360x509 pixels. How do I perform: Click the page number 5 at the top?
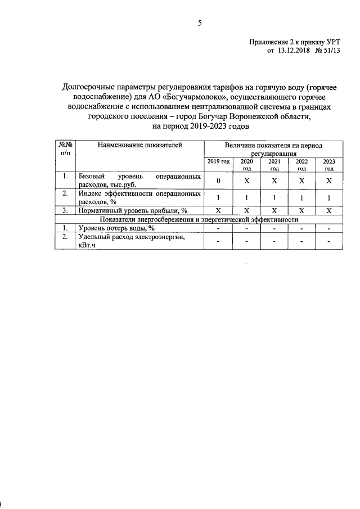coord(199,22)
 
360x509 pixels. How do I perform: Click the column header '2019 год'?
coord(218,161)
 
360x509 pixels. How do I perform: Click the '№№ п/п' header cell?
coord(65,149)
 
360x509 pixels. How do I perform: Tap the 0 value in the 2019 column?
coord(218,180)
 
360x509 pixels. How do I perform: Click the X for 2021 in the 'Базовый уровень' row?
coord(274,180)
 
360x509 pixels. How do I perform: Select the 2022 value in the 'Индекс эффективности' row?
coord(301,198)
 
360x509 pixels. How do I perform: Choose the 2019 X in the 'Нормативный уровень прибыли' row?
coord(218,210)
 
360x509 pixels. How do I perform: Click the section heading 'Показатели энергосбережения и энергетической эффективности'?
coord(199,219)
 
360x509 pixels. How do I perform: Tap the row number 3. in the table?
coord(65,210)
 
